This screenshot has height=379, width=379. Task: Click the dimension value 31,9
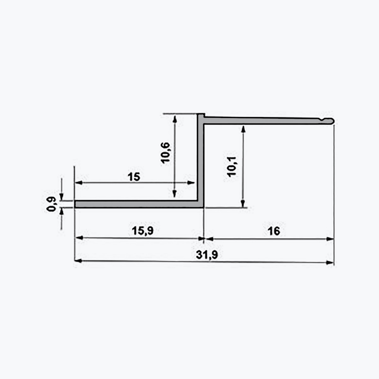pos(207,255)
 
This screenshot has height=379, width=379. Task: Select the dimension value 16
pos(274,231)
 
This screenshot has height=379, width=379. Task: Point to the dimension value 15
pos(134,177)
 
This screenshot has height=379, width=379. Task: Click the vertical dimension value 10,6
pos(165,153)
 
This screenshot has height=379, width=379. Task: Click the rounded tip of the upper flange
pos(332,121)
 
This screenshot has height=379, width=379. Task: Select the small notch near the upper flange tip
pos(322,119)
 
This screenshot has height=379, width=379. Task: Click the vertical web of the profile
pos(201,160)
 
